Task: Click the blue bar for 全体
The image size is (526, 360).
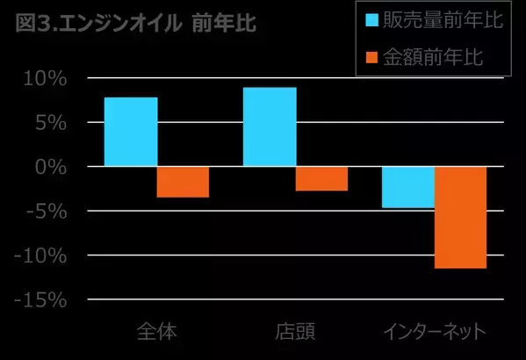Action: click(130, 132)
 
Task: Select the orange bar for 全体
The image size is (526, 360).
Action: click(183, 182)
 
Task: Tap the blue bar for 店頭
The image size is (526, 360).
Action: click(269, 126)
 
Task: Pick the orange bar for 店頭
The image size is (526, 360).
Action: click(321, 178)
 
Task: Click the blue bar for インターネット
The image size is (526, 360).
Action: click(407, 187)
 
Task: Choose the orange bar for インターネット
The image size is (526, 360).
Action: click(460, 217)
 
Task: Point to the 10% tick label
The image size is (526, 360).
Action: click(46, 79)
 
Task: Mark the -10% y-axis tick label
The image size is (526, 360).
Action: click(41, 256)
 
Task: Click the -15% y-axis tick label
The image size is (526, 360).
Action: click(41, 300)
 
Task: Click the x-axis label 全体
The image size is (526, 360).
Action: click(156, 332)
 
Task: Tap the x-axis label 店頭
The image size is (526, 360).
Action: click(295, 332)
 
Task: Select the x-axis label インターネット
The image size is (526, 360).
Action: click(434, 332)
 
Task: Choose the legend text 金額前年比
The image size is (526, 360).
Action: click(437, 57)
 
